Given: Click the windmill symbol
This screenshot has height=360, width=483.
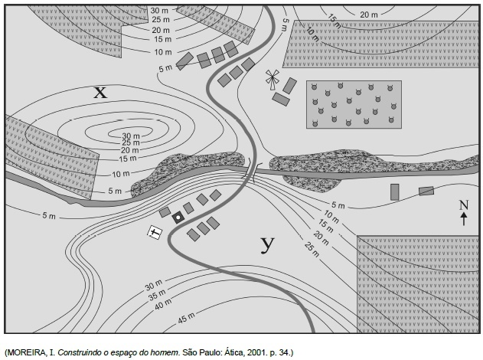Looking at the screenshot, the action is tap(273, 80).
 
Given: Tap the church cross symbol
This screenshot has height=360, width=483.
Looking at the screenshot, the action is tap(155, 232).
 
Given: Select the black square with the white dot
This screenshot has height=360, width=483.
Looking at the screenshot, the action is tap(178, 218).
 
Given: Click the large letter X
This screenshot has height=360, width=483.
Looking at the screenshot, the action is tap(100, 92).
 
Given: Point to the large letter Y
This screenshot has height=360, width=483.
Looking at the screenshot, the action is tap(267, 244).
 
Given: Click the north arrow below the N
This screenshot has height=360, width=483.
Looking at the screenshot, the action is tap(464, 219).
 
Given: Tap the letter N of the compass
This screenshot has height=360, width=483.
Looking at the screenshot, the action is tap(464, 205).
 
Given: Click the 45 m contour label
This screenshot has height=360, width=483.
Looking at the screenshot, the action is tap(186, 318).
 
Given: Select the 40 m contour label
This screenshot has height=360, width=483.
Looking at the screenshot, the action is tap(163, 305).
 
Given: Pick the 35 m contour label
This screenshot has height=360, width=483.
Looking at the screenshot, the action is tap(157, 295).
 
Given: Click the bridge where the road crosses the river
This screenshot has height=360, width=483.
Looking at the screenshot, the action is tap(253, 170).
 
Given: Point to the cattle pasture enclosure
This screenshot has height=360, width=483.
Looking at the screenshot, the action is tap(354, 104).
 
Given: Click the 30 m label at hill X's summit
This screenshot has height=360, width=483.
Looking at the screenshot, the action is tap(131, 136).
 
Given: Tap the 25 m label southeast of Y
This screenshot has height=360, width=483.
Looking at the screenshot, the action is tap(312, 249).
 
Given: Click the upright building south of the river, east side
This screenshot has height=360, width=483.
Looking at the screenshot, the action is tap(395, 192).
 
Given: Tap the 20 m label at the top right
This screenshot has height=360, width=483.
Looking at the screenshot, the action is tap(369, 15).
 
